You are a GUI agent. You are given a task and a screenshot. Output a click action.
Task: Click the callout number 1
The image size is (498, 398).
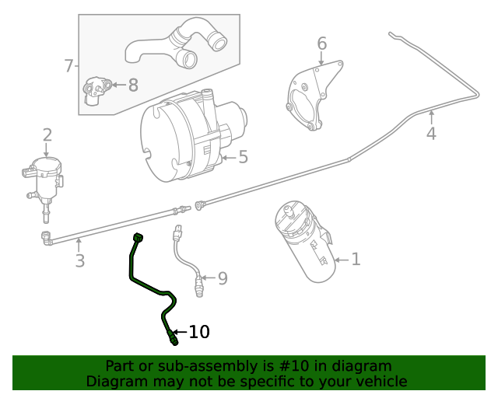[x=356, y=259]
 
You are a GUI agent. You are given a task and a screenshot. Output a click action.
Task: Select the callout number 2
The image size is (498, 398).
[x=47, y=135]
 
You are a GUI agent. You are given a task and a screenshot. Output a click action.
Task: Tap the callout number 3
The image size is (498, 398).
[x=79, y=260]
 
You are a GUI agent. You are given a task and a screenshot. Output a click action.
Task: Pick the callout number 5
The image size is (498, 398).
[x=243, y=158]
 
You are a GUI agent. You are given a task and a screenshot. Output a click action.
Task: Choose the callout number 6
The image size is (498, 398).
[x=321, y=44]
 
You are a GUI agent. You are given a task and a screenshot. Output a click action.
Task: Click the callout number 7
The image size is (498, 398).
[x=68, y=66]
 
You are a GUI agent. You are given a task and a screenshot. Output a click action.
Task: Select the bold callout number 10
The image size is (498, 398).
[x=199, y=332]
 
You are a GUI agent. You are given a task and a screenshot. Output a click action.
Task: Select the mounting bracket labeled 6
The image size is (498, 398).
[x=311, y=97]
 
